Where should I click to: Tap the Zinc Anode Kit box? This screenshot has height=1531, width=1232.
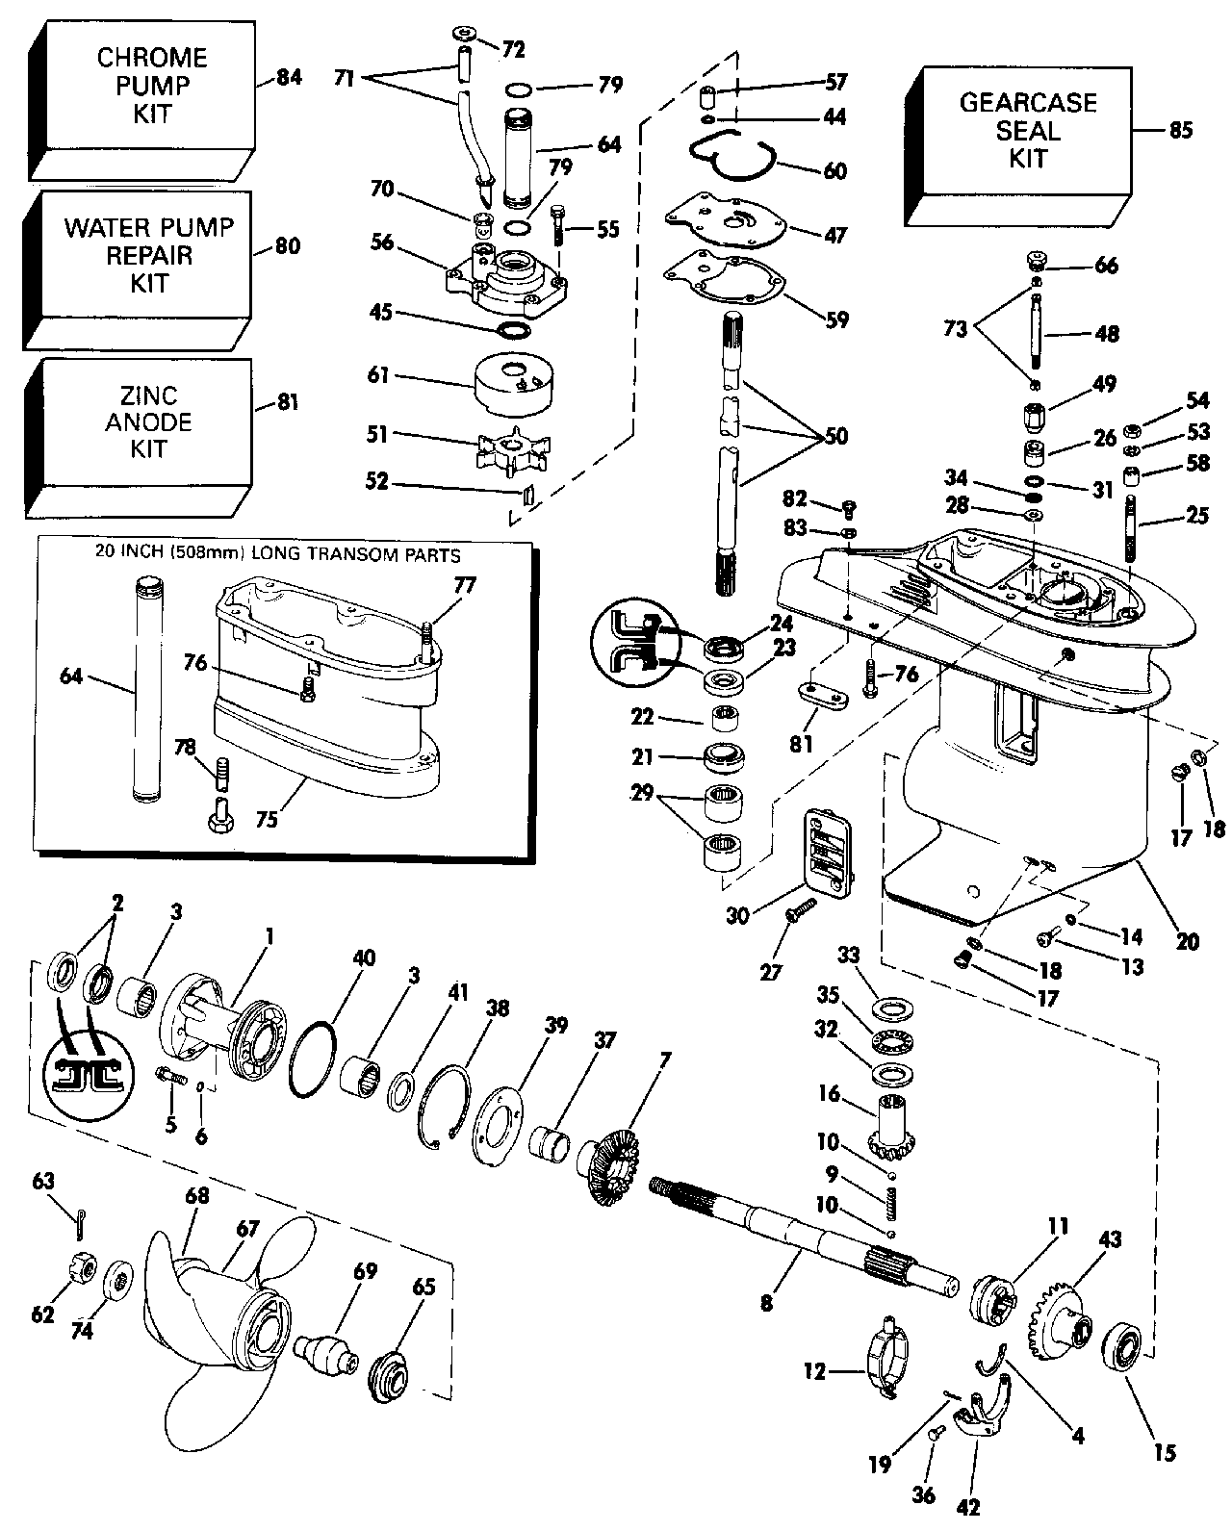click(144, 421)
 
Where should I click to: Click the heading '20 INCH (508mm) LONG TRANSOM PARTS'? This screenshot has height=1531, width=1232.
click(277, 554)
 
